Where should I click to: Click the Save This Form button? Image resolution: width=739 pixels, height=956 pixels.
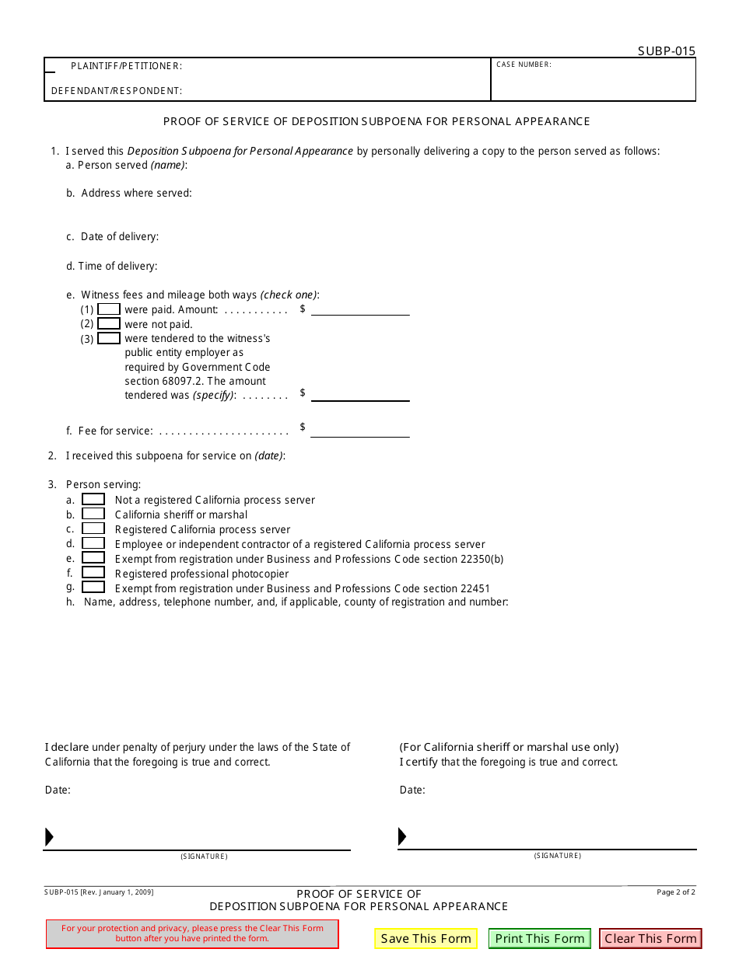(426, 938)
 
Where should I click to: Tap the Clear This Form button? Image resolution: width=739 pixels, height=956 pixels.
(650, 938)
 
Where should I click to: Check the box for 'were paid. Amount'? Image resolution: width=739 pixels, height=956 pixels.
(109, 309)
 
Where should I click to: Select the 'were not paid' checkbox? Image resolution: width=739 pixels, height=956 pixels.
(109, 324)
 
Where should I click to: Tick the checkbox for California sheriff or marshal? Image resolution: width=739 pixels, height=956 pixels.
(93, 515)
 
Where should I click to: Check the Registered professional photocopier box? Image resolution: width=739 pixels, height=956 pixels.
(93, 573)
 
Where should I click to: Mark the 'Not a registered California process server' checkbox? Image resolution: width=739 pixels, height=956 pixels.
(93, 500)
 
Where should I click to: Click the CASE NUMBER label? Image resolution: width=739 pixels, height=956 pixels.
(524, 65)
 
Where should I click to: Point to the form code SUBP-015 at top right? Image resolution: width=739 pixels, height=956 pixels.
(667, 51)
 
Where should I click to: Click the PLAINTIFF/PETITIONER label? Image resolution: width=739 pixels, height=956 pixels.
(126, 66)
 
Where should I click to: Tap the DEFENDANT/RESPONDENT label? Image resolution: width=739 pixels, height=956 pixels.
(117, 91)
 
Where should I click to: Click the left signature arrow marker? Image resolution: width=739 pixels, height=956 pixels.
(49, 837)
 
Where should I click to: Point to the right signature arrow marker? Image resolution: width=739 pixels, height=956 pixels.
(402, 836)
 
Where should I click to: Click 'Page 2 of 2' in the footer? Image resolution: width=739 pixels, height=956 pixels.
(676, 892)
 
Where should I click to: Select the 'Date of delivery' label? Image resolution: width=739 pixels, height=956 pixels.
(119, 236)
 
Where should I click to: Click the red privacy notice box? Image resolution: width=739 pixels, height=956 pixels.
(192, 933)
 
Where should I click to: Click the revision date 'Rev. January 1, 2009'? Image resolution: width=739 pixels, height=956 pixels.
(117, 892)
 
